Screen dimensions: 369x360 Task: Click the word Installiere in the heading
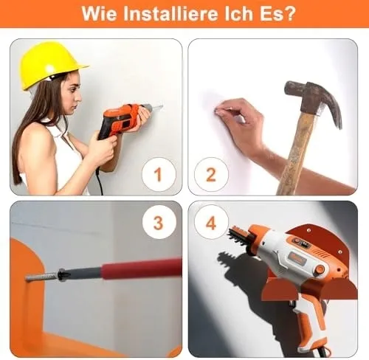click(170, 14)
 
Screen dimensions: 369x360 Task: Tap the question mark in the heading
click(290, 14)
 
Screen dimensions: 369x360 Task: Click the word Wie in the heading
click(99, 14)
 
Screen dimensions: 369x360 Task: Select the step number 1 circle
click(159, 174)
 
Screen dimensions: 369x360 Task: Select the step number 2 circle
click(211, 174)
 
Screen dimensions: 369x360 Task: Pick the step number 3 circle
click(159, 223)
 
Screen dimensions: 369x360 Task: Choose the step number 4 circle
click(211, 223)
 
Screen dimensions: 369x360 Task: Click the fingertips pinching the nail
click(220, 112)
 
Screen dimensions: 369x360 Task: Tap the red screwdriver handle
click(142, 269)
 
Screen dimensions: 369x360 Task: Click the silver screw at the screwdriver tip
click(42, 276)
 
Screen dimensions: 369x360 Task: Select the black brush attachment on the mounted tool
click(238, 235)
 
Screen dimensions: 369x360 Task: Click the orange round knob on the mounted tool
click(320, 269)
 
